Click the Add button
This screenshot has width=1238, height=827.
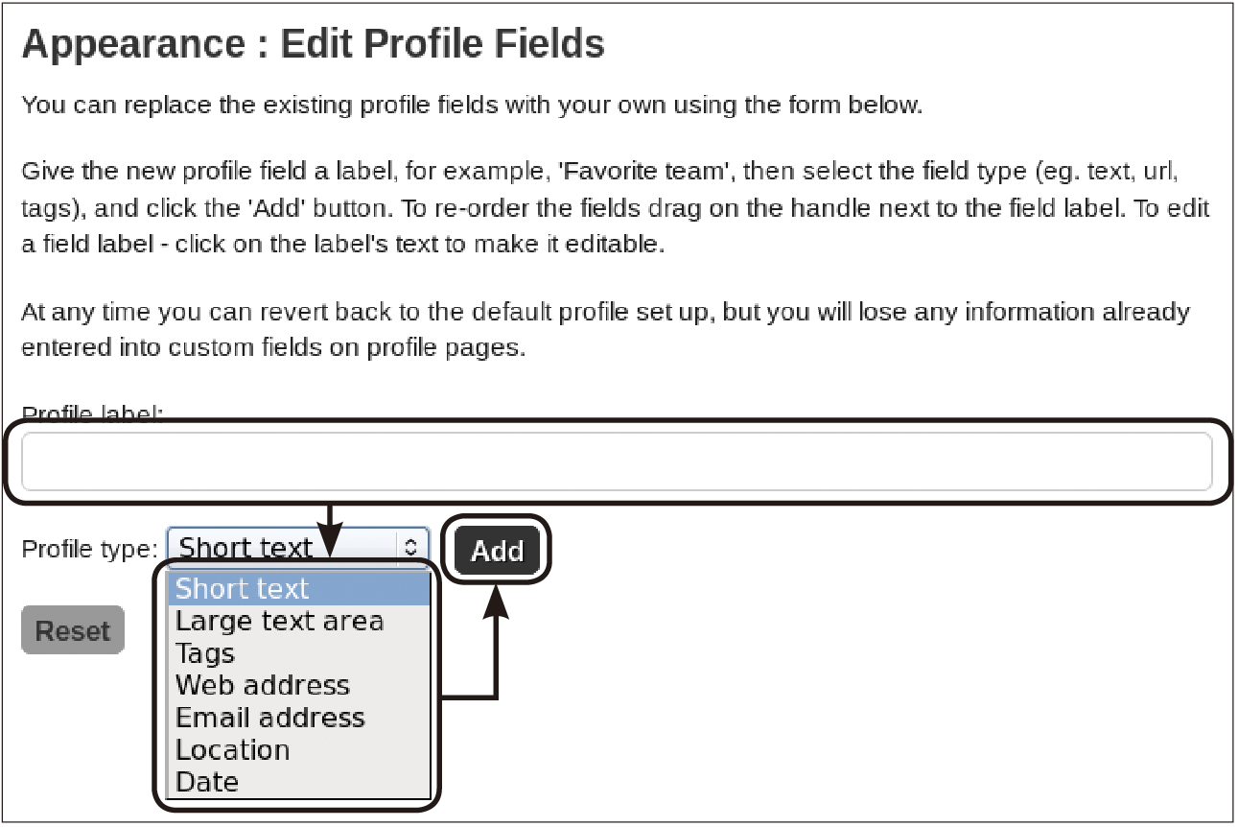[x=497, y=550]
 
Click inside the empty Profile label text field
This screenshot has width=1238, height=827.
[x=617, y=461]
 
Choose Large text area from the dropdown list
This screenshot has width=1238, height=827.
[x=280, y=621]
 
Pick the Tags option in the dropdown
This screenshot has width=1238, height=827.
[x=205, y=653]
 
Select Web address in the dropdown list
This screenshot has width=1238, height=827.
[x=263, y=685]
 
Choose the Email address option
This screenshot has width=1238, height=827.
[x=270, y=718]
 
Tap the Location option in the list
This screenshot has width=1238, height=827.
[x=233, y=750]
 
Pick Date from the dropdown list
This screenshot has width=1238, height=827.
[x=207, y=782]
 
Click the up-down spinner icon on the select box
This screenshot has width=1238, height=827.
[x=410, y=547]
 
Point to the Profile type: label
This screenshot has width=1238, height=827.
[x=89, y=550]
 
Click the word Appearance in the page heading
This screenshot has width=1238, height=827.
[x=133, y=44]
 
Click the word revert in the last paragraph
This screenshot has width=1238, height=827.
[x=294, y=313]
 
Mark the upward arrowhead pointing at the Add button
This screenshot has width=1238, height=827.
[x=496, y=602]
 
